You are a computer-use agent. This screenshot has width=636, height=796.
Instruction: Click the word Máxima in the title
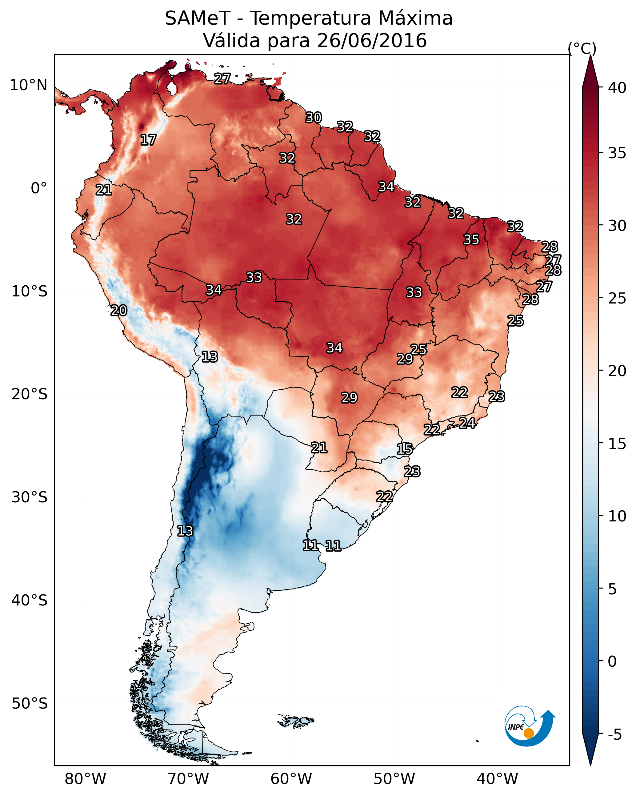tap(416, 18)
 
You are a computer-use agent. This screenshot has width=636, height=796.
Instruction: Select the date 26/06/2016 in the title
tap(372, 40)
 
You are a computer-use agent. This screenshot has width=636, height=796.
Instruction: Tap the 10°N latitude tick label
tap(28, 85)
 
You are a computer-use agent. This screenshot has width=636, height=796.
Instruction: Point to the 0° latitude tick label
tap(39, 188)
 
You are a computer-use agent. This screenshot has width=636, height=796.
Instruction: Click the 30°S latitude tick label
tap(30, 497)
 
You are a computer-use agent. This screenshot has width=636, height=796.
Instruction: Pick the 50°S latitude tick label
tap(30, 703)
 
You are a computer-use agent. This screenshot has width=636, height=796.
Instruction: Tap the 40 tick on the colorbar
tap(618, 88)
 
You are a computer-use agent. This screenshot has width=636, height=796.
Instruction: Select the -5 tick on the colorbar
tap(614, 735)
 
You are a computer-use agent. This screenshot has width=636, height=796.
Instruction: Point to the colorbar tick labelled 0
tap(612, 661)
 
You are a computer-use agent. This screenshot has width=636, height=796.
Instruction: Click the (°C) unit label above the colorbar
tap(582, 48)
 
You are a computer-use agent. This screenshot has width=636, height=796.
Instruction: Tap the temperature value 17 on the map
tap(148, 140)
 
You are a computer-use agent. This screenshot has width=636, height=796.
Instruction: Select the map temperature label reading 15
tap(405, 449)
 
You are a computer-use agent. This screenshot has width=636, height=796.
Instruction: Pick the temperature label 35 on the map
tap(471, 239)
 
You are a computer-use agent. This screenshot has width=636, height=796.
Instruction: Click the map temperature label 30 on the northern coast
tap(314, 118)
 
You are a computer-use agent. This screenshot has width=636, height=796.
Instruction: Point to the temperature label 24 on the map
tap(467, 423)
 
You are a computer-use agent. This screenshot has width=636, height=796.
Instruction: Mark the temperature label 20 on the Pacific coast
tap(119, 311)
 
